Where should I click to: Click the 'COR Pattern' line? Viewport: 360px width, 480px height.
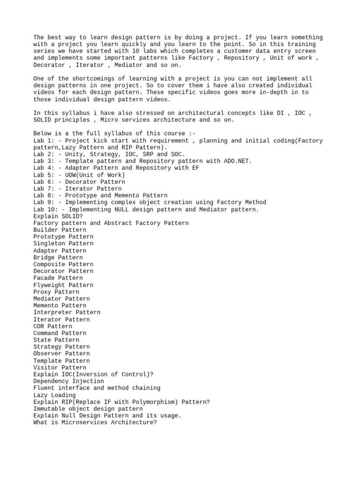click(x=53, y=326)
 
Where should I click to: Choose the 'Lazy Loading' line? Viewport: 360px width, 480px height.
click(x=54, y=395)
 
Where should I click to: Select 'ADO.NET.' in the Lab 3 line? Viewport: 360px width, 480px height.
click(x=238, y=161)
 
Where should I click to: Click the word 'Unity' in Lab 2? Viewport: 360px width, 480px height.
click(x=74, y=154)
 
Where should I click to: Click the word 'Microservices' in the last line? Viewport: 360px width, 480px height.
click(x=81, y=422)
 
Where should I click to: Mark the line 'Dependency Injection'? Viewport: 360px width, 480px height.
click(x=69, y=381)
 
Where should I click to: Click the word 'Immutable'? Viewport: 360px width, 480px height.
click(x=49, y=409)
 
